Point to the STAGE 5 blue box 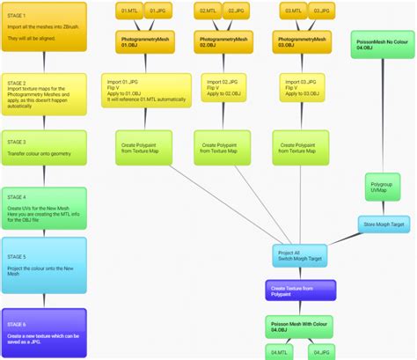pos(44,265)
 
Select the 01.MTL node pos(128,11)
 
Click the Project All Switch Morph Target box pos(299,256)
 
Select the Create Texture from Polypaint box pos(299,290)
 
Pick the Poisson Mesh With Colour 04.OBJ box pos(299,327)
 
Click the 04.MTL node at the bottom pos(279,351)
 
